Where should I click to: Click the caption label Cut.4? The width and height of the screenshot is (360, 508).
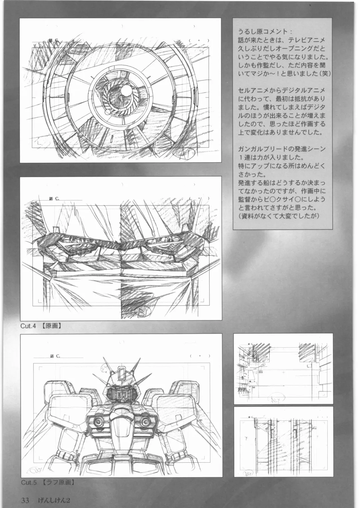click(x=28, y=326)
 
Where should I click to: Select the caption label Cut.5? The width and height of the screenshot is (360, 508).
click(x=28, y=482)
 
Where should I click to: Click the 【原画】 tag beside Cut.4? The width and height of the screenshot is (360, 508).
click(x=52, y=326)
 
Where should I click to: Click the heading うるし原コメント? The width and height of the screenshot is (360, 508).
click(x=265, y=32)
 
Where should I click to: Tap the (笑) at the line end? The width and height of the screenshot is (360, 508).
click(x=324, y=74)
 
